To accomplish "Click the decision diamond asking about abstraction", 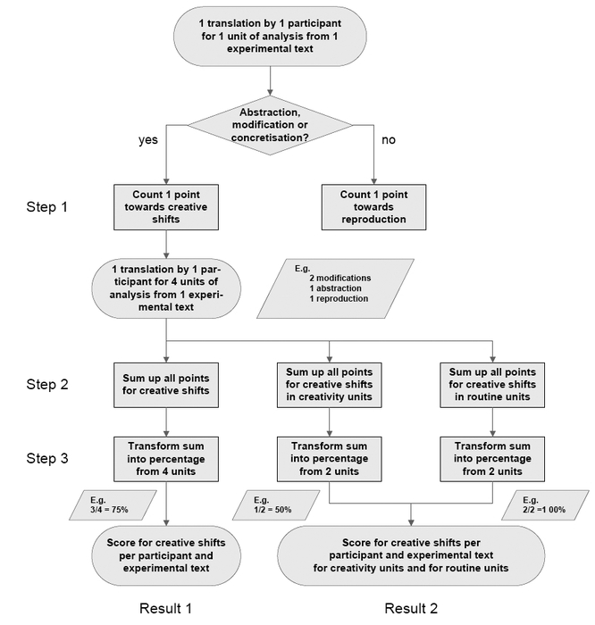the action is coord(270,125).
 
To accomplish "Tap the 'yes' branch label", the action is coord(148,140).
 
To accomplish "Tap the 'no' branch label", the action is coord(389,140).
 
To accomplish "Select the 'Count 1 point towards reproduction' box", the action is coord(373,207).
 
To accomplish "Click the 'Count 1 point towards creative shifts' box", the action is coord(166,207).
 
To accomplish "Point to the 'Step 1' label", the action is coord(46,207).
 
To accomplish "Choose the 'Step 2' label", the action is coord(47,384).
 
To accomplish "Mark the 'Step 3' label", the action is coord(47,458).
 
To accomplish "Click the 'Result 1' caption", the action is coord(165,608).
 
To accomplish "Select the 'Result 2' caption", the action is coord(411,608).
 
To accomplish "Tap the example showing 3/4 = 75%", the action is coord(113,505).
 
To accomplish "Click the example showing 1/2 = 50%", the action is coord(276,505).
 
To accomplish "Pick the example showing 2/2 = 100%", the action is coord(545,505).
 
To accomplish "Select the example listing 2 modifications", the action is coord(335,288).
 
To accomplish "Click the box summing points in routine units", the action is coord(492,385).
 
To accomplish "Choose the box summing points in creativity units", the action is coord(329,385).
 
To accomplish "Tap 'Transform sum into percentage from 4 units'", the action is coord(166,459).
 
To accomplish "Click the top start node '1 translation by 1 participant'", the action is coord(270,37).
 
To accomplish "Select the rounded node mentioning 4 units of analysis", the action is coord(166,288).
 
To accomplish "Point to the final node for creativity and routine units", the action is coord(411,555).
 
